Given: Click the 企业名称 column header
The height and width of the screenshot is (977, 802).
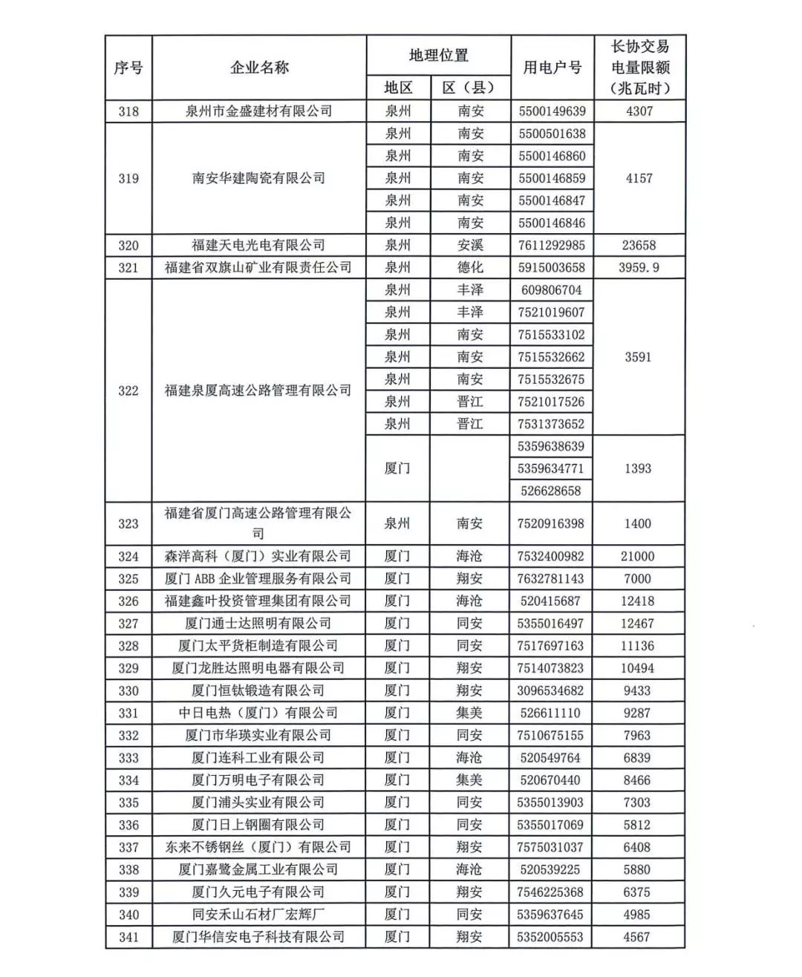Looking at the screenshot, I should coord(258,68).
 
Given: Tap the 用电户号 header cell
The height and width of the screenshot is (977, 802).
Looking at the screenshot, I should coord(552,68).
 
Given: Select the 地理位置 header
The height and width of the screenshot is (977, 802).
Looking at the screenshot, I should coord(438,55).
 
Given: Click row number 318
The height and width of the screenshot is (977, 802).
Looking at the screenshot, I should coord(128,111).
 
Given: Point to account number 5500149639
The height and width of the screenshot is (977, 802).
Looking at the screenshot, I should coord(552,111).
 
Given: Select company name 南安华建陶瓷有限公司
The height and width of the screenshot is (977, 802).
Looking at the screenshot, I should coord(258,178).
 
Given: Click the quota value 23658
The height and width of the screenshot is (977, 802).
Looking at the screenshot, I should coord(639,245).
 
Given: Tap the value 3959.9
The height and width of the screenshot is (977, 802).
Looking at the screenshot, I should coord(639,267).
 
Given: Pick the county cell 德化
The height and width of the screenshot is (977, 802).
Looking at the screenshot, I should coord(470,267).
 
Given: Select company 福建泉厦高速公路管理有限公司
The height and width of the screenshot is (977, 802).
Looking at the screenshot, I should coord(258,391).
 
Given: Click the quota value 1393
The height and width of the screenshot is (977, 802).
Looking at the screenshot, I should coord(638,468).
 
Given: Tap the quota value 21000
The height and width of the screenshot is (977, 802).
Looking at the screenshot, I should coord(638,556).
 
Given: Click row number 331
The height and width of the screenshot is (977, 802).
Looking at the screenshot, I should coord(128,713).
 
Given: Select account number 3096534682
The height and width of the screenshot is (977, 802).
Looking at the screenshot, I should coord(550,690).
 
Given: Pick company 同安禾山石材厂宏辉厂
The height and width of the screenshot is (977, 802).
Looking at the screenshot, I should coord(258,914).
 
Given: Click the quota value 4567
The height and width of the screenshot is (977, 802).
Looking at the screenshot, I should coord(637,937).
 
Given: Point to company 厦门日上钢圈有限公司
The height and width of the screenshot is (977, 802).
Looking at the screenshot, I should coord(258,825).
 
